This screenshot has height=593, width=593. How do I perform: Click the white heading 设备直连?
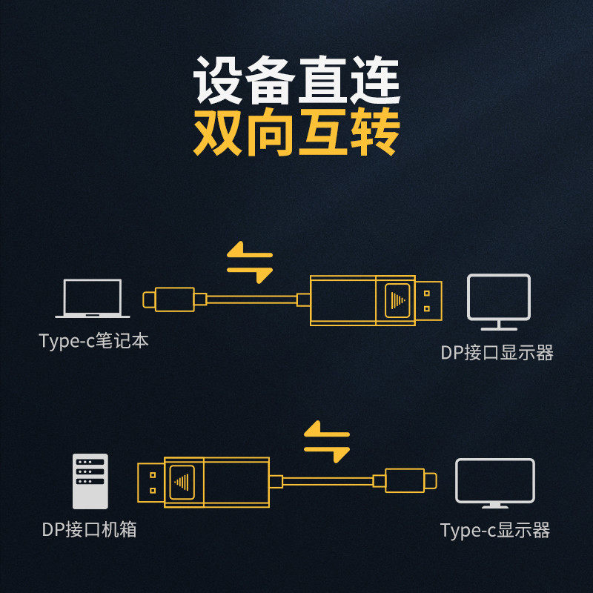[296, 80]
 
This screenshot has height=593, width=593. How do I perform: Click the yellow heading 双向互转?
[296, 131]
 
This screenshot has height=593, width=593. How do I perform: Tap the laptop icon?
[92, 299]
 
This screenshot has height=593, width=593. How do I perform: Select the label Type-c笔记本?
[93, 340]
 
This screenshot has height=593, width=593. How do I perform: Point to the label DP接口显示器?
[497, 353]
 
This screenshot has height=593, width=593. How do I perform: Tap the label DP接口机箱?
[89, 529]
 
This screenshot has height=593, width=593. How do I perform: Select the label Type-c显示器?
[495, 530]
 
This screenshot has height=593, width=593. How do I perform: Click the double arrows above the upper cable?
[250, 262]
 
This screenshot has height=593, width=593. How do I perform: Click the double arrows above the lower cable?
[327, 441]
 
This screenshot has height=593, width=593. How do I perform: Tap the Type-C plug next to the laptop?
[169, 299]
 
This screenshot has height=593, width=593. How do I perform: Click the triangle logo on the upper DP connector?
[397, 300]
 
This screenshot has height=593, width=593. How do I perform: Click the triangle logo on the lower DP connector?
[182, 483]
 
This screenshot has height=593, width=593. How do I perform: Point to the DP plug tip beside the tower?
[151, 483]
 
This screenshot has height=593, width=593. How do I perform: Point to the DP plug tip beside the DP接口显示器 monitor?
[428, 301]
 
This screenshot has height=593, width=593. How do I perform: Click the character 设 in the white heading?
[217, 80]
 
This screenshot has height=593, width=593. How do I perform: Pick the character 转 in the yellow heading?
[375, 131]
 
